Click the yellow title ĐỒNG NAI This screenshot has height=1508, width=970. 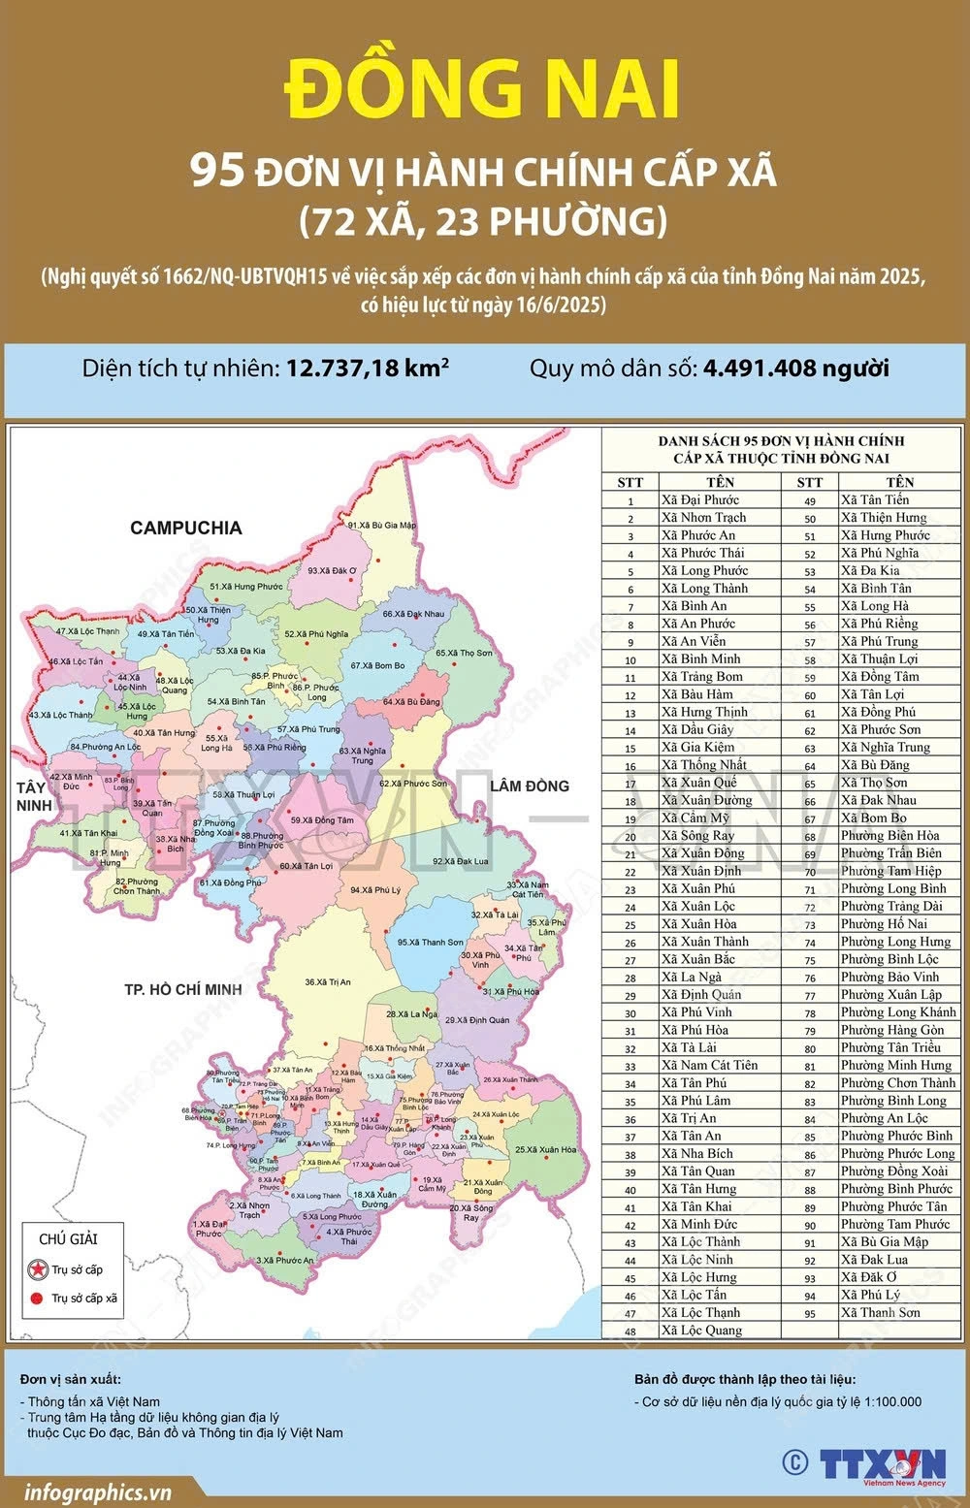click(482, 89)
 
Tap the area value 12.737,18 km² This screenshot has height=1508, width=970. click(367, 369)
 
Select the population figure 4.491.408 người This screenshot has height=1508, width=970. click(795, 369)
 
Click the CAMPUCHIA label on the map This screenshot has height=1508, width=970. click(186, 528)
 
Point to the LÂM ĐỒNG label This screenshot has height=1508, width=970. click(529, 786)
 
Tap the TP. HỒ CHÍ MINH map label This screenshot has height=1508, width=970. click(182, 989)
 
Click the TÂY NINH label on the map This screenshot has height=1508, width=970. click(32, 796)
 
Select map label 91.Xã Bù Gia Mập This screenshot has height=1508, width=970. click(381, 526)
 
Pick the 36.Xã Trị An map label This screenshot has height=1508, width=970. click(328, 982)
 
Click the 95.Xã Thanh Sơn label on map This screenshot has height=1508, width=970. click(430, 942)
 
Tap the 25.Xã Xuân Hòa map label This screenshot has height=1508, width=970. click(545, 1149)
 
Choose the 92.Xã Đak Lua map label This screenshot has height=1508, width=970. click(460, 861)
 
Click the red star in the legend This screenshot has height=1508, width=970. click(37, 1269)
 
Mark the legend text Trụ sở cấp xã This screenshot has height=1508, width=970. click(84, 1298)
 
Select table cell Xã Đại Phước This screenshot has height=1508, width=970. click(699, 500)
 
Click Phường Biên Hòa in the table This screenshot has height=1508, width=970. click(889, 836)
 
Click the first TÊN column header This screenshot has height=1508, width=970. click(720, 482)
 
